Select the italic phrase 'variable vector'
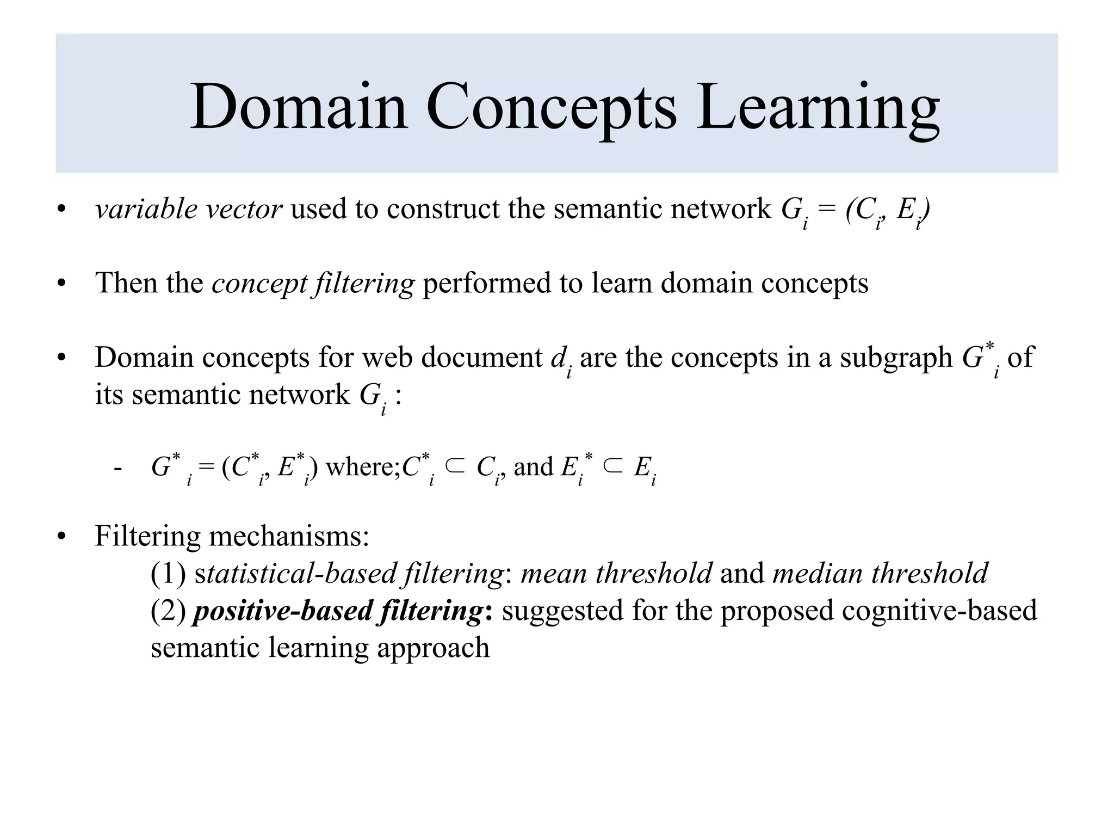click(x=188, y=209)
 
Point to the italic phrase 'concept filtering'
click(x=313, y=284)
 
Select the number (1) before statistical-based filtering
click(x=168, y=574)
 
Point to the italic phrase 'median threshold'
click(x=880, y=574)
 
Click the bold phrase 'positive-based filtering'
click(x=338, y=611)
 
